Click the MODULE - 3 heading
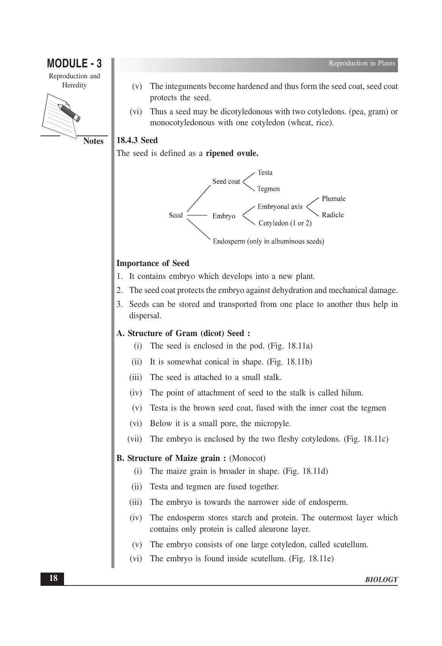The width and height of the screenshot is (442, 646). point(74,63)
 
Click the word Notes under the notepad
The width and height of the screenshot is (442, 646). point(93,141)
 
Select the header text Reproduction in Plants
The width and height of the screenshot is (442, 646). point(362,63)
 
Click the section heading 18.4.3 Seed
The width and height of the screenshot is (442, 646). point(137,140)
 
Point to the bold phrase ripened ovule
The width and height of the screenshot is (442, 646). point(232,153)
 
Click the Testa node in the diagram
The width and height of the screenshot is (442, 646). point(265,173)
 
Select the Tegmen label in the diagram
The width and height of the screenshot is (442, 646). point(268,188)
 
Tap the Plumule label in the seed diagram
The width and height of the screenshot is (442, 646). point(333,199)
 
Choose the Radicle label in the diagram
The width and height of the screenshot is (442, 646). point(333,215)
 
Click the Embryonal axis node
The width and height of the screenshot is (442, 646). point(280,207)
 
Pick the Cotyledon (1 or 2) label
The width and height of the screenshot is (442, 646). point(285,223)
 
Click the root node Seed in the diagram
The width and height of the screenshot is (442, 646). point(176,215)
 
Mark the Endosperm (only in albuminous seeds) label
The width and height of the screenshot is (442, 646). point(268,241)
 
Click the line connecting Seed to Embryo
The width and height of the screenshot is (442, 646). point(197,215)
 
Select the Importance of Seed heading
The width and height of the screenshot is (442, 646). point(153,263)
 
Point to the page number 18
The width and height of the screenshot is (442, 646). point(53,578)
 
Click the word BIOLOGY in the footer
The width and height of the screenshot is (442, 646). point(381,580)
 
